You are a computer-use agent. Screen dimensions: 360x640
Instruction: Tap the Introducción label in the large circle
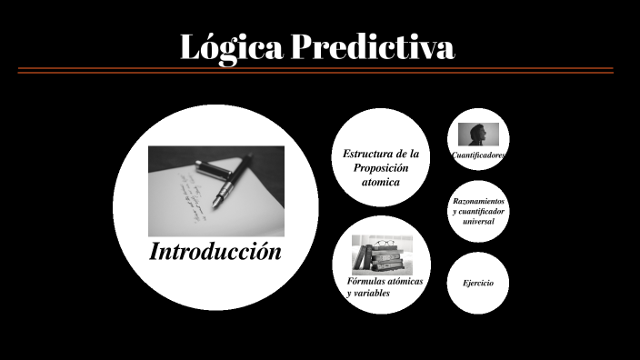(215, 252)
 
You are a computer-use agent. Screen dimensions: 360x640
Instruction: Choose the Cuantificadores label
(478, 155)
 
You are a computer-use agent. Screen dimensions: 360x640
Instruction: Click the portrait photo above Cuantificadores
(478, 135)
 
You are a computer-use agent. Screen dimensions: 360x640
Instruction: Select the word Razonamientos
(479, 201)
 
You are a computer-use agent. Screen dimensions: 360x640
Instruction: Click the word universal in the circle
(478, 221)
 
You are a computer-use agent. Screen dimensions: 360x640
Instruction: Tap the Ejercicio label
(478, 284)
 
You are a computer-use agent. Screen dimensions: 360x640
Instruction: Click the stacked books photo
(382, 254)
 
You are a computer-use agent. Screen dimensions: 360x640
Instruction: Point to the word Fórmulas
(364, 282)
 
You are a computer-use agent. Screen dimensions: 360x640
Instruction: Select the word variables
(372, 295)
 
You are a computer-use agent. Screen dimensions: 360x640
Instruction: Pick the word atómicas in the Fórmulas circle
(403, 282)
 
